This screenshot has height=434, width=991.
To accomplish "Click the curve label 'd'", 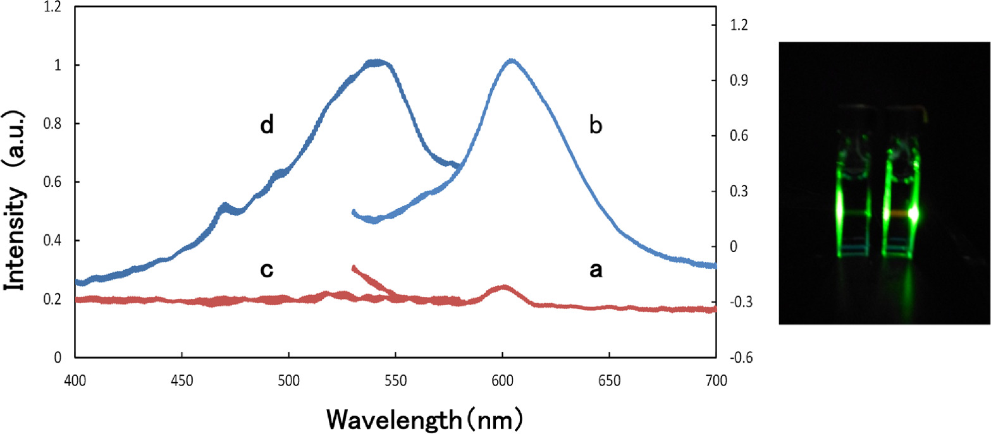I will coord(267,126).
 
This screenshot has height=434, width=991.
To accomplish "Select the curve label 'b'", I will coord(595,126).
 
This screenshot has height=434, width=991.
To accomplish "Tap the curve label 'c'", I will coord(267,270).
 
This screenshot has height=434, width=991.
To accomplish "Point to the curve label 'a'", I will coord(595,270).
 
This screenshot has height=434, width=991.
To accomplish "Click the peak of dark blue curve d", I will coord(377,63).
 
